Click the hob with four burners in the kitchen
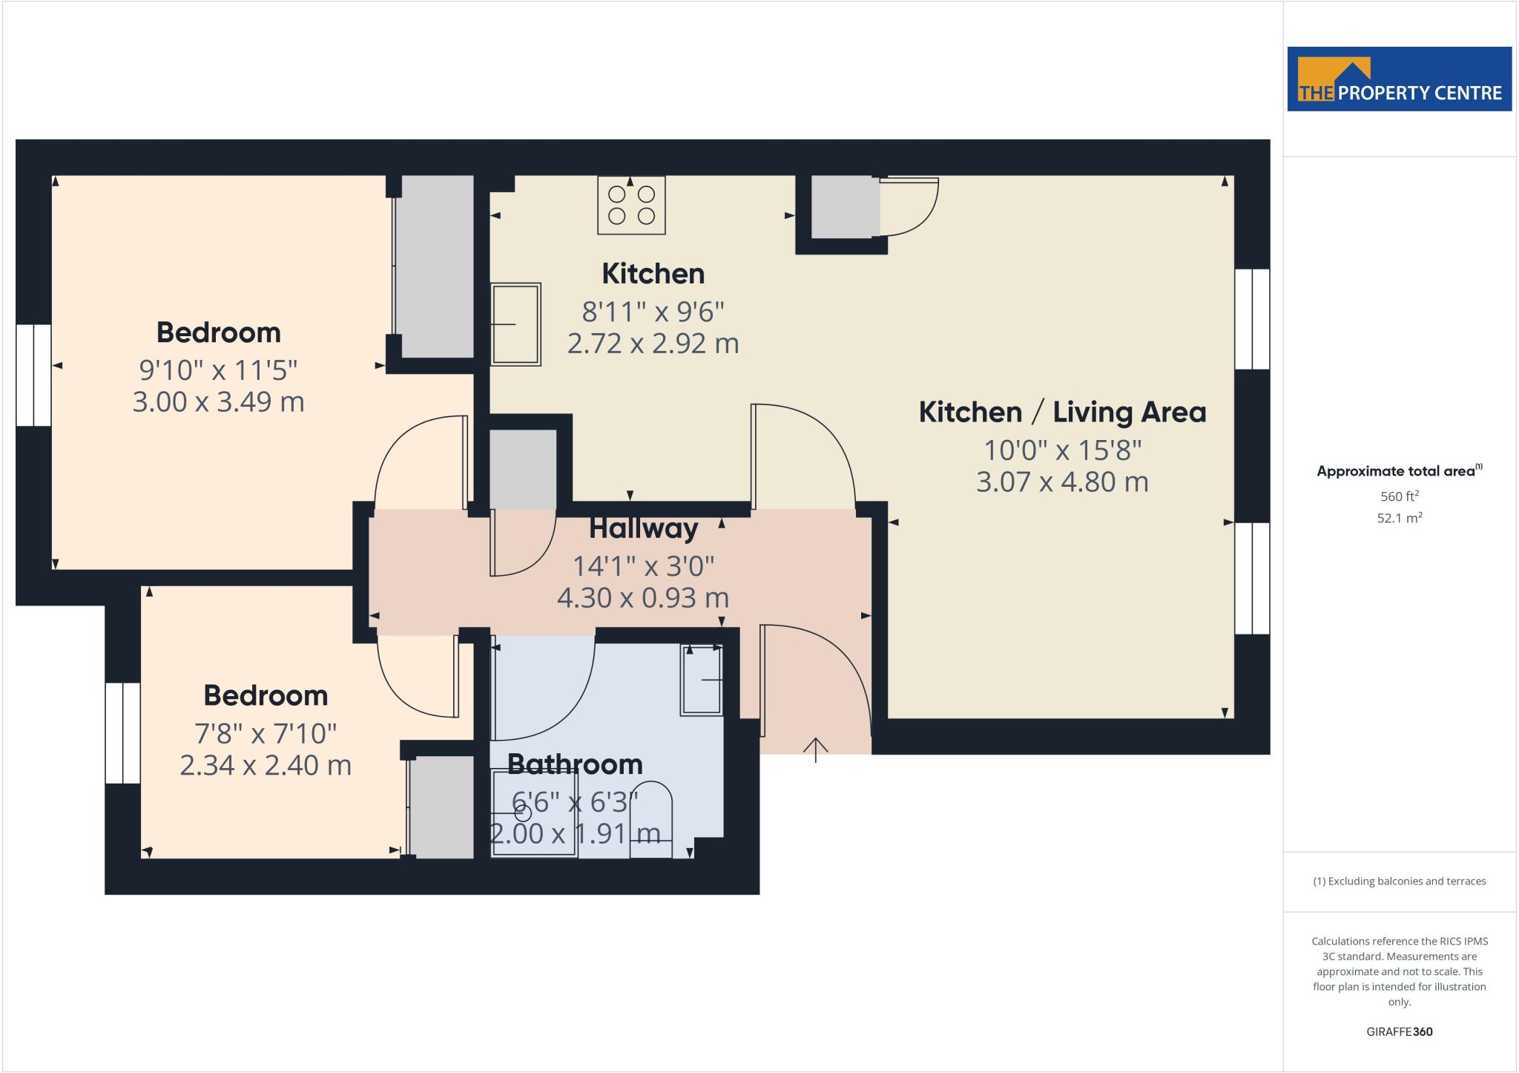pos(631,205)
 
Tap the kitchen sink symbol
pos(515,324)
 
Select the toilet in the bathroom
pos(650,821)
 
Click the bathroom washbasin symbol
pos(702,680)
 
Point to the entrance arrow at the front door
pos(816,749)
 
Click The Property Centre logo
pos(1399,79)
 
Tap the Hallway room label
pos(643,529)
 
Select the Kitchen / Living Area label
pos(1062,412)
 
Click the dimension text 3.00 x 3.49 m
pos(218,402)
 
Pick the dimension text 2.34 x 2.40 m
pos(266,765)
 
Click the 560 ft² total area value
pos(1399,496)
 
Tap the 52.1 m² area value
pos(1399,518)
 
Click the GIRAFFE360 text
pos(1399,1031)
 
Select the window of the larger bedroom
pos(33,375)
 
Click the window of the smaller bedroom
pos(122,733)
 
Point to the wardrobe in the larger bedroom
pos(435,266)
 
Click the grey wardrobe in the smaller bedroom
pos(441,807)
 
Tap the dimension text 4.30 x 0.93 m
pos(642,597)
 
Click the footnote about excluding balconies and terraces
pos(1399,882)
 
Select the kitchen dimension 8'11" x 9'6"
pos(653,312)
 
